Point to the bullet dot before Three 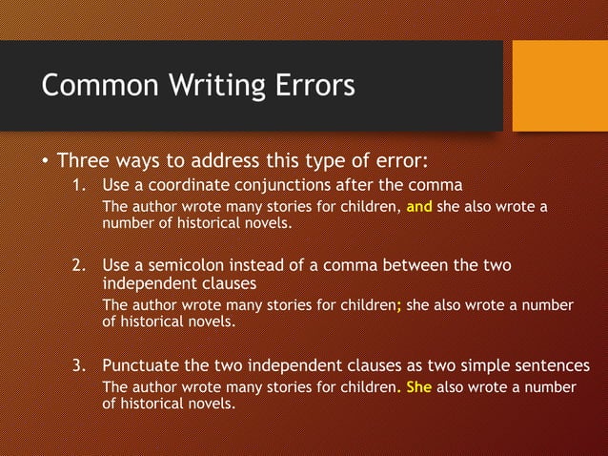(44, 159)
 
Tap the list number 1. (80, 183)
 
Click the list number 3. (80, 365)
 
